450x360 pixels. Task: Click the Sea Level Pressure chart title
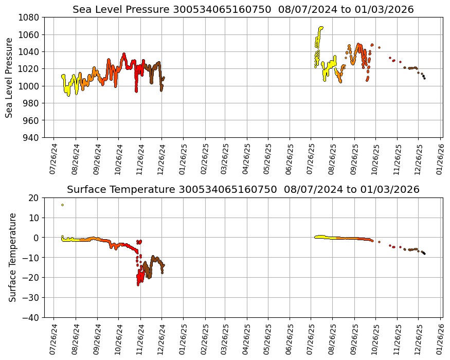[x=243, y=10]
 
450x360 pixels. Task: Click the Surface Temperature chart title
[x=243, y=189]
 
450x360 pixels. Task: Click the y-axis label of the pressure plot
[x=10, y=77]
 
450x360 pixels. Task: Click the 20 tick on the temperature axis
[x=34, y=197]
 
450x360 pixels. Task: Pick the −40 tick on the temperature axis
[x=30, y=317]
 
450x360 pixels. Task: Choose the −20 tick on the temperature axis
[x=30, y=278]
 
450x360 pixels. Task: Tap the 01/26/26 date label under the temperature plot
[x=440, y=339]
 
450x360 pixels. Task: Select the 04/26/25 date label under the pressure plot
[x=247, y=158]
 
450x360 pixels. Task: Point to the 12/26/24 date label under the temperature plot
[x=161, y=339]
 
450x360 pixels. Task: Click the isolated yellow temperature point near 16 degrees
[x=62, y=205]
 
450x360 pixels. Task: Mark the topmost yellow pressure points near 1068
[x=321, y=28]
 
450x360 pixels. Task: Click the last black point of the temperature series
[x=424, y=254]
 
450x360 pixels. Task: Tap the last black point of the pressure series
[x=424, y=78]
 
